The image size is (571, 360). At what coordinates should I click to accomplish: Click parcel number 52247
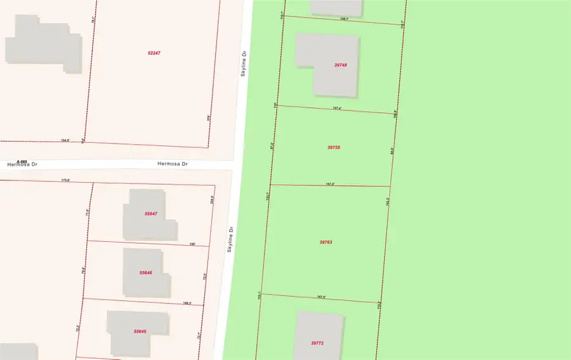[154, 53]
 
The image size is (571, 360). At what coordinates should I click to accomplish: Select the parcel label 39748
[340, 65]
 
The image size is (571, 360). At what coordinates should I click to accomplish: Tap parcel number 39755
[334, 147]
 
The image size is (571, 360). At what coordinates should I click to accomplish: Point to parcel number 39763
[325, 242]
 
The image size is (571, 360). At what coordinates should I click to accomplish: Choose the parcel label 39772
[317, 343]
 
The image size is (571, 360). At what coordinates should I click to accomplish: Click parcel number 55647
[150, 214]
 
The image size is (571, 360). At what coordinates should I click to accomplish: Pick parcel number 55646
[145, 272]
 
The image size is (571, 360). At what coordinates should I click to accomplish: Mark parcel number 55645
[140, 331]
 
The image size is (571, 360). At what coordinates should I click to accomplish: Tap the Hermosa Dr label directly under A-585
[22, 164]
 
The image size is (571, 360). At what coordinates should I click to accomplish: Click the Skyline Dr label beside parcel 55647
[232, 239]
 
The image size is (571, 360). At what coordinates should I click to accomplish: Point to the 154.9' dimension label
[65, 141]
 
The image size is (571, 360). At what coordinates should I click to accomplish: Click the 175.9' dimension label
[65, 180]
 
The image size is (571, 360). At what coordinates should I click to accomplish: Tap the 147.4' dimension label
[338, 109]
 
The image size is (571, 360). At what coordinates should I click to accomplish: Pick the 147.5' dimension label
[321, 297]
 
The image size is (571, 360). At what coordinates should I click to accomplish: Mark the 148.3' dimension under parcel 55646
[187, 303]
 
